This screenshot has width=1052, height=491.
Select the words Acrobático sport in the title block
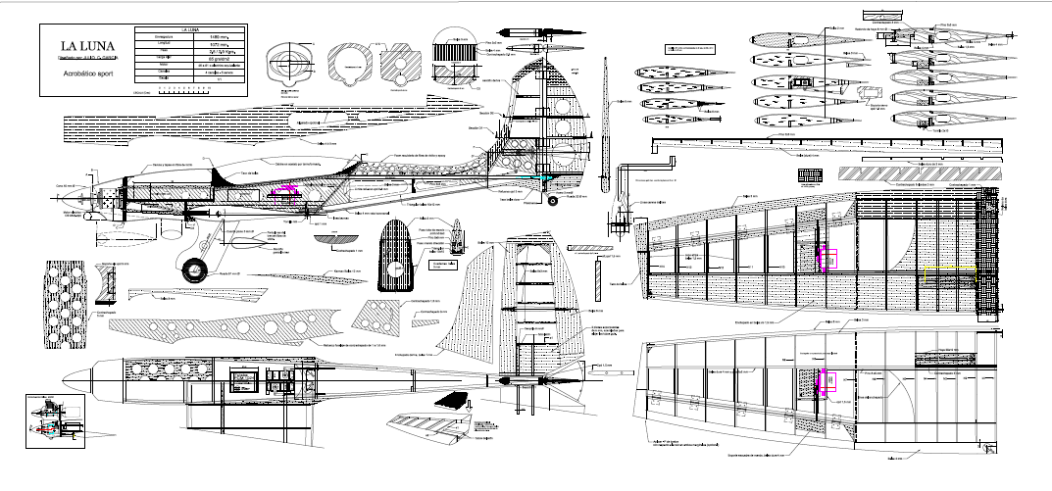click(x=89, y=74)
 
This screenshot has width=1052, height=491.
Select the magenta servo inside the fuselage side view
click(x=285, y=191)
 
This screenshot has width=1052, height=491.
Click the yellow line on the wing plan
click(x=949, y=267)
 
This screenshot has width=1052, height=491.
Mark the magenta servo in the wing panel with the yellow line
click(x=827, y=257)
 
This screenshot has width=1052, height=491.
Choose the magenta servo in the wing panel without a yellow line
click(x=826, y=377)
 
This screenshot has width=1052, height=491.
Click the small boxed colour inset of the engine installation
click(x=58, y=418)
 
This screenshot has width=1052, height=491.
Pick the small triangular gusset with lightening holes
click(x=376, y=314)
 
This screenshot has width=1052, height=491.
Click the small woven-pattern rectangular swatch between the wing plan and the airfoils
click(x=812, y=175)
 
